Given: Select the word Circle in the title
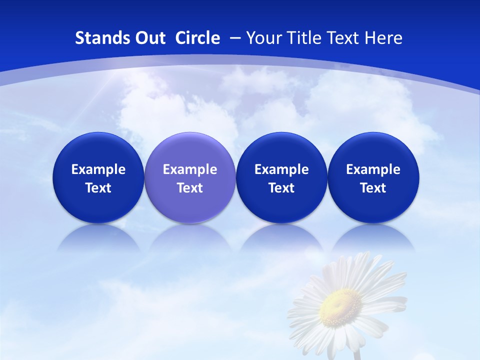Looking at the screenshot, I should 197,38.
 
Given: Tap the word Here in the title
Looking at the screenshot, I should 383,38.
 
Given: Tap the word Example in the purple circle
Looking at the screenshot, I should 190,169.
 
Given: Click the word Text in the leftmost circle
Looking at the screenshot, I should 98,188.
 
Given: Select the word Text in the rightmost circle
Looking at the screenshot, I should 373,188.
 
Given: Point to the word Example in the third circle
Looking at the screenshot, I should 281,169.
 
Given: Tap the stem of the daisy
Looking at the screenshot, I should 357,354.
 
